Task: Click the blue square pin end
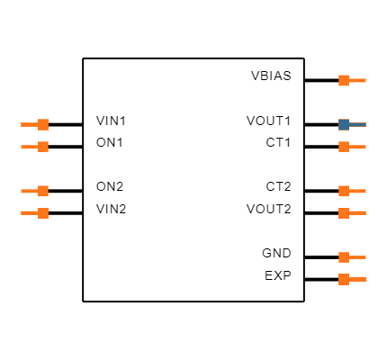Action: pyautogui.click(x=344, y=124)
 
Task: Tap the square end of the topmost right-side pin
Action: pyautogui.click(x=344, y=80)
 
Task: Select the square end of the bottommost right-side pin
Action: pyautogui.click(x=344, y=279)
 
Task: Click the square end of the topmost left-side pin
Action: pyautogui.click(x=43, y=124)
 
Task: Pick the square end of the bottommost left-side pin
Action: pyautogui.click(x=43, y=213)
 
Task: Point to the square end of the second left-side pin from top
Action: pyautogui.click(x=43, y=147)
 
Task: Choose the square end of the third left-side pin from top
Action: pyautogui.click(x=43, y=191)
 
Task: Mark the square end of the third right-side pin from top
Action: pyautogui.click(x=344, y=147)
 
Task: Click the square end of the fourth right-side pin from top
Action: pyautogui.click(x=344, y=191)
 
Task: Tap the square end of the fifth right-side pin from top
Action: pyautogui.click(x=344, y=213)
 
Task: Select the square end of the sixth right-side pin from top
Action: pyautogui.click(x=344, y=257)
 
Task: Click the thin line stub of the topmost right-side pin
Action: pyautogui.click(x=358, y=80)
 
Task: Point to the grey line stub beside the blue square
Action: pyautogui.click(x=358, y=124)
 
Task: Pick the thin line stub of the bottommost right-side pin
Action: pyautogui.click(x=358, y=279)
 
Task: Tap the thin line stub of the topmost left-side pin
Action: pyautogui.click(x=29, y=124)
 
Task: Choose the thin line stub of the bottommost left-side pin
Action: pyautogui.click(x=29, y=213)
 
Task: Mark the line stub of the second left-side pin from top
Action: pyautogui.click(x=29, y=147)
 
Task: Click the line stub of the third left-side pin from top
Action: pyautogui.click(x=29, y=191)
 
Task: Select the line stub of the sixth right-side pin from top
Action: pyautogui.click(x=358, y=257)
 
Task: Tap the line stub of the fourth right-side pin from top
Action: pyautogui.click(x=358, y=191)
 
